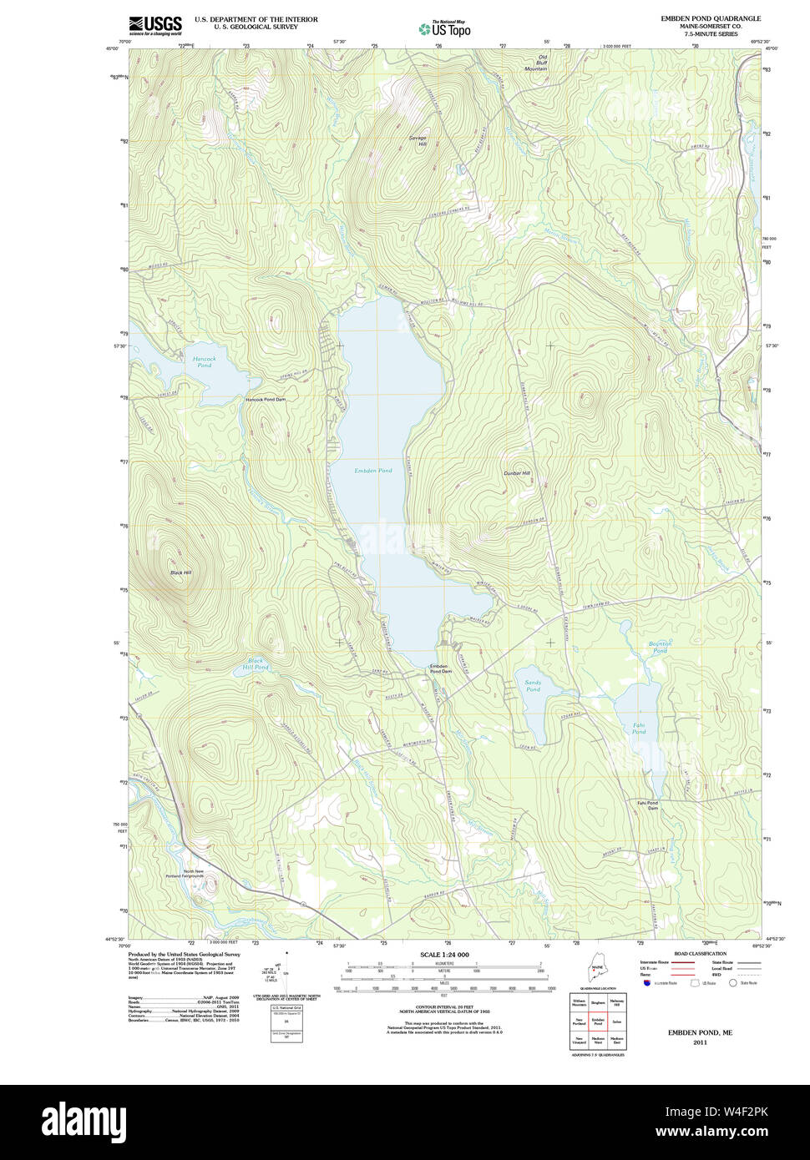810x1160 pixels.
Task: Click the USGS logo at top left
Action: click(155, 25)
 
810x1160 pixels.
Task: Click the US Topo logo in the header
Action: click(444, 28)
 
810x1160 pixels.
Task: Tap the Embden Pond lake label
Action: click(372, 471)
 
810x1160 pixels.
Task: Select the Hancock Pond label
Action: click(204, 361)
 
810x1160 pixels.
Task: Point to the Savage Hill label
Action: click(418, 140)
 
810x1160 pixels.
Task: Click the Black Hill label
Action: click(180, 572)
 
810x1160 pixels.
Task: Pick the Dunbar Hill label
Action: click(517, 473)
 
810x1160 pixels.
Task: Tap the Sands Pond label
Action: click(533, 686)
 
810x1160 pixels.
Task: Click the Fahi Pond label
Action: click(639, 729)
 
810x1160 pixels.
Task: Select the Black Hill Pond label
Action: click(256, 663)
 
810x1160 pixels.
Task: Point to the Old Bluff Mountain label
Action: click(536, 63)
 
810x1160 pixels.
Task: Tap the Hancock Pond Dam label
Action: click(265, 400)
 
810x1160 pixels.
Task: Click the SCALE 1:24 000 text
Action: click(444, 955)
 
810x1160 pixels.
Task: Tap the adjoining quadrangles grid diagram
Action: click(597, 1021)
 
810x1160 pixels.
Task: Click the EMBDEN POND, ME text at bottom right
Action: click(700, 1032)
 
